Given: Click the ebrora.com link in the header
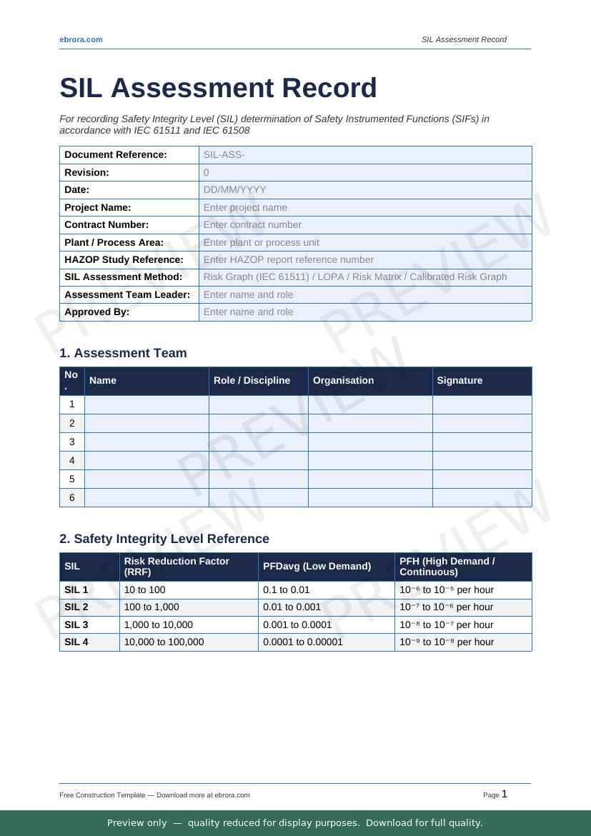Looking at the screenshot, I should tap(81, 39).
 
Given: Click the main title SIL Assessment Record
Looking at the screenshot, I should tap(218, 88).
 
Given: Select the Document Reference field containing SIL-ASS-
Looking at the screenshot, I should tap(364, 155).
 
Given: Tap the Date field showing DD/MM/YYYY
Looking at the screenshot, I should tap(364, 190).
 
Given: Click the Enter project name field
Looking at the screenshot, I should tap(364, 207).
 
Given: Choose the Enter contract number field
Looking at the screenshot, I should tap(364, 225).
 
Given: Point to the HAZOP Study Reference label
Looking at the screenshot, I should tap(124, 260).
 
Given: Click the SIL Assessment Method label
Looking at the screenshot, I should tap(123, 277).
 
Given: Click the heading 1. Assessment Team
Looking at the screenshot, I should tap(123, 353).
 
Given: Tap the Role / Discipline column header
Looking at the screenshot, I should tap(252, 381).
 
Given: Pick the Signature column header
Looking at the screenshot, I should tap(460, 381).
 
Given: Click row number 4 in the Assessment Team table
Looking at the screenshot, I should tap(72, 461).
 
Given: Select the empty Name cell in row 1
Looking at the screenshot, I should tap(146, 405).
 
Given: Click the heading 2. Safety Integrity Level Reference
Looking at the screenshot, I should tap(164, 539).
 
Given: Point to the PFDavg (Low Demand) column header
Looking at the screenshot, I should tap(317, 567).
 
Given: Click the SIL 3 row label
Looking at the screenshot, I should tap(76, 625).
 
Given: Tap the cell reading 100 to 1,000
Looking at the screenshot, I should tap(152, 607).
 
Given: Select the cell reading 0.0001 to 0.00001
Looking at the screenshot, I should tap(303, 642).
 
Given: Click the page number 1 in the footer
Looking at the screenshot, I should tap(505, 794).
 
